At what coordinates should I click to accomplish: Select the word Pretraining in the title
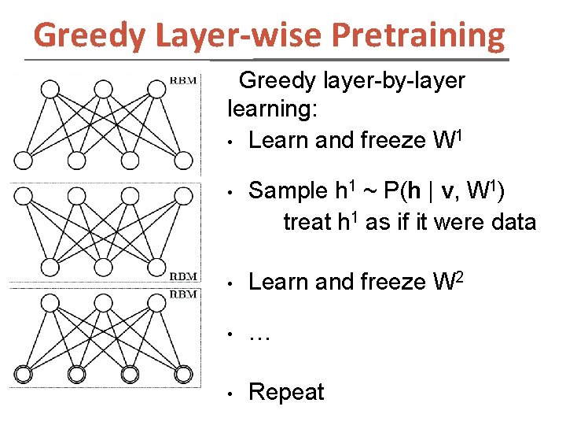tap(418, 35)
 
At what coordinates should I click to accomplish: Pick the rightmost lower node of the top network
tap(182, 161)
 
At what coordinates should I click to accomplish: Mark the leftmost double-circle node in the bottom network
tap(24, 372)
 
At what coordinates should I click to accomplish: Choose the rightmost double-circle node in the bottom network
tap(182, 372)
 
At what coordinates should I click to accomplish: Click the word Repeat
tap(285, 393)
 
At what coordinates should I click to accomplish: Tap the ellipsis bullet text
tap(259, 338)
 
